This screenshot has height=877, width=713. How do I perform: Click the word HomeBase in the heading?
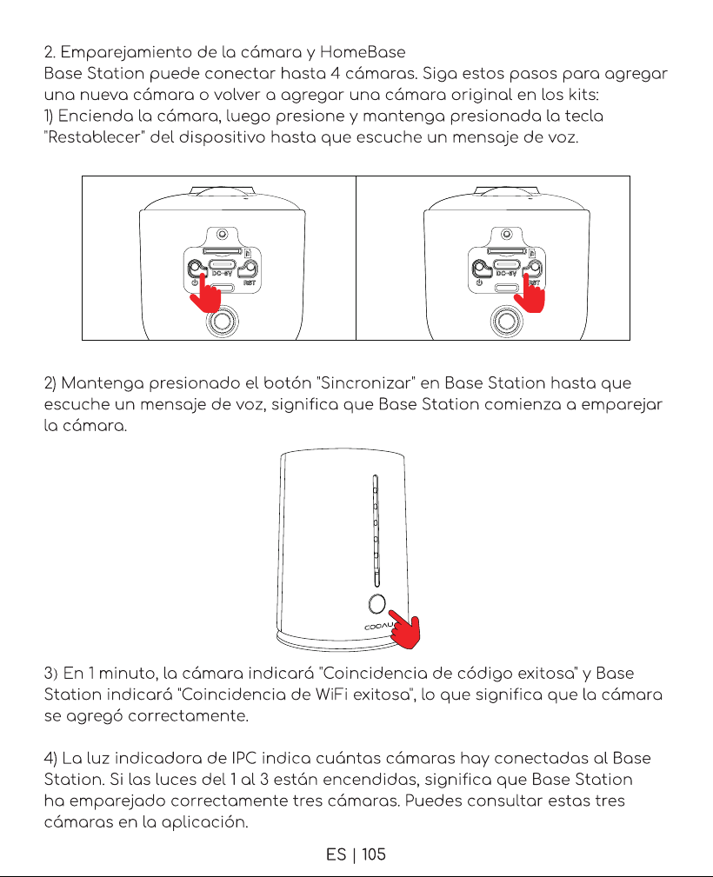click(x=363, y=52)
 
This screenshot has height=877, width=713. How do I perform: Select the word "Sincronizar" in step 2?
click(x=365, y=383)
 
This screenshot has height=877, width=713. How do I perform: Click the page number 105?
click(x=374, y=854)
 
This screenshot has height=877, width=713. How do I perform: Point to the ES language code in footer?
click(x=336, y=854)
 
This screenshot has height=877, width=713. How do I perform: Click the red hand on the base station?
click(x=404, y=630)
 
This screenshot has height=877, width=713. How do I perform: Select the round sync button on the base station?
click(x=377, y=603)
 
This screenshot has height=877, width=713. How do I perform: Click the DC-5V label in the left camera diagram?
click(x=222, y=274)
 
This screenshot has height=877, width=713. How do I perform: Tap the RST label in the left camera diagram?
click(x=250, y=282)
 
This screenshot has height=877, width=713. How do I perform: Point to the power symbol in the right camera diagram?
click(x=479, y=282)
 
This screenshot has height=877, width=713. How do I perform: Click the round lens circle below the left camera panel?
click(x=223, y=321)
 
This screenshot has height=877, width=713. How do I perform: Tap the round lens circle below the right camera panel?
click(x=506, y=321)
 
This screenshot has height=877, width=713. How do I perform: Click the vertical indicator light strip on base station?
click(x=376, y=531)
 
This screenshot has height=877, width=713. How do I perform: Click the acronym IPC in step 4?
click(x=244, y=758)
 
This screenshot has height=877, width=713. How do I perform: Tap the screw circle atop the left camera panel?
click(x=223, y=233)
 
